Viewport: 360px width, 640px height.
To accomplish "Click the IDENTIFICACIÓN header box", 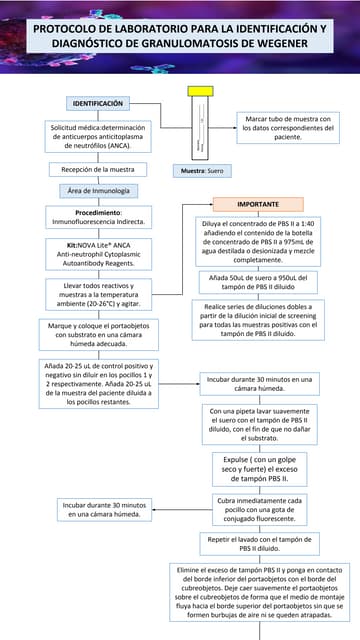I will tap(97, 104).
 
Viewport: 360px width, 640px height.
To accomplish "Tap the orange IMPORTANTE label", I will tap(258, 204).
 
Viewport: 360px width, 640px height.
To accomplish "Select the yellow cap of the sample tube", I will tap(196, 90).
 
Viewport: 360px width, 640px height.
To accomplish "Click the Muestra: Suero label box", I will tap(202, 171).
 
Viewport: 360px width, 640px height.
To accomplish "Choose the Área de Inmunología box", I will tap(97, 191).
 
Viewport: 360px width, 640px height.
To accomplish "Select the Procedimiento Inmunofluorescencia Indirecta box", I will tap(97, 218).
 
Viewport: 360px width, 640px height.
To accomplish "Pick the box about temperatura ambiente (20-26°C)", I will tap(98, 294).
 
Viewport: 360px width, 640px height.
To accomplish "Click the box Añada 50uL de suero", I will tap(258, 281).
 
